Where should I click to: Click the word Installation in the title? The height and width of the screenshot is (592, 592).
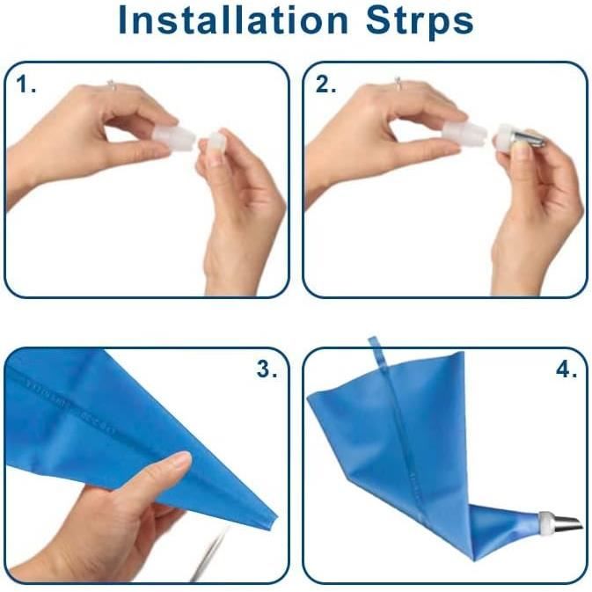pos(233,20)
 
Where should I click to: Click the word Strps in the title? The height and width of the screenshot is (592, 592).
pos(420,21)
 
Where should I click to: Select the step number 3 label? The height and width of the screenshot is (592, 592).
pos(267,369)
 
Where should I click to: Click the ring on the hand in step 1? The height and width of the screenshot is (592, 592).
pos(111,85)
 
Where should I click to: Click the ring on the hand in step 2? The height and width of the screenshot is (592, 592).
pos(398,84)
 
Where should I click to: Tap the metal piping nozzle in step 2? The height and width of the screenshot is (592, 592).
pos(529,139)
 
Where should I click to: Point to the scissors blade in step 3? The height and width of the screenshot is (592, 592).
pos(210,554)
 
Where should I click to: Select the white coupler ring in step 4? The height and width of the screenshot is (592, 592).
pos(544,523)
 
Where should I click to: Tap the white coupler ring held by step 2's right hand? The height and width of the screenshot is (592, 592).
pos(504,136)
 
